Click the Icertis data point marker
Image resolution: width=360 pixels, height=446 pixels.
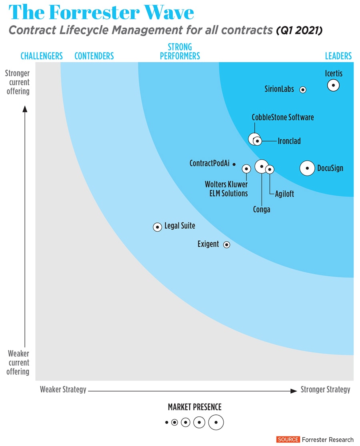pyautogui.click(x=333, y=85)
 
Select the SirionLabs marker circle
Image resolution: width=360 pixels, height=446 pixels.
pyautogui.click(x=303, y=90)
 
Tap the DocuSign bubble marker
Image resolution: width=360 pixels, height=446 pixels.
pyautogui.click(x=307, y=168)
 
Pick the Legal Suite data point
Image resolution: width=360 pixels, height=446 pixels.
pyautogui.click(x=158, y=227)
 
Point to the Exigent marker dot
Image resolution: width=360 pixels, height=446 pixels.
pyautogui.click(x=226, y=244)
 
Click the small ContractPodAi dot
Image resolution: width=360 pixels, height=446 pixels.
pyautogui.click(x=234, y=164)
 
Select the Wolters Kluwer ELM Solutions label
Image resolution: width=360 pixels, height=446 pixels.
pyautogui.click(x=226, y=189)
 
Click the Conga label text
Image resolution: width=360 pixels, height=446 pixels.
pyautogui.click(x=262, y=209)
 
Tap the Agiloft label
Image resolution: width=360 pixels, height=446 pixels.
pyautogui.click(x=284, y=194)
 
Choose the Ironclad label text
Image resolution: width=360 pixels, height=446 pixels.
pyautogui.click(x=289, y=141)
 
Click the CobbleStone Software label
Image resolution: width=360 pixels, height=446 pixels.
pyautogui.click(x=283, y=117)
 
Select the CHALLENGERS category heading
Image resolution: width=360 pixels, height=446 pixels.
pyautogui.click(x=42, y=56)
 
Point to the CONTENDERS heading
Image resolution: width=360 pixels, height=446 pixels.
pyautogui.click(x=94, y=56)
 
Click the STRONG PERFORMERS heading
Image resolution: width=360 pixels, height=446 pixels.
pyautogui.click(x=180, y=52)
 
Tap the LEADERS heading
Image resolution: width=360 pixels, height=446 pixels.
pyautogui.click(x=338, y=56)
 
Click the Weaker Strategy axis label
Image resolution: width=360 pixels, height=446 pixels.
pyautogui.click(x=63, y=390)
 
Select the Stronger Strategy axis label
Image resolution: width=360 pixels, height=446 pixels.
pyautogui.click(x=325, y=390)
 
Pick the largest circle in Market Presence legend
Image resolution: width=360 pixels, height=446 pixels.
pyautogui.click(x=216, y=422)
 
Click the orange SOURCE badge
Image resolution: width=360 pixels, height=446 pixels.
pyautogui.click(x=288, y=440)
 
